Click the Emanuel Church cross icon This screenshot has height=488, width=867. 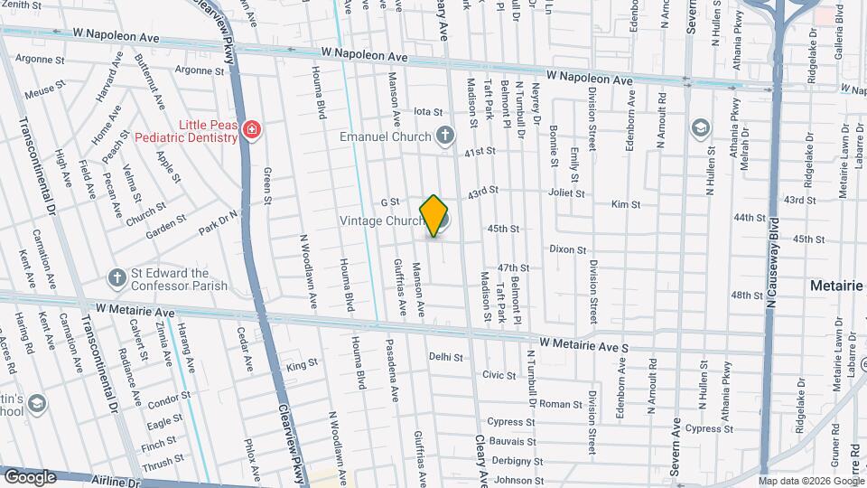click(x=443, y=136)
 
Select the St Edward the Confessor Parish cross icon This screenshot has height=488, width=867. click(x=117, y=279)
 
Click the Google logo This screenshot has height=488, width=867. click(x=29, y=476)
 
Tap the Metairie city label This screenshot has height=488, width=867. click(x=836, y=286)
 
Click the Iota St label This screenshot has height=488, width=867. click(x=427, y=112)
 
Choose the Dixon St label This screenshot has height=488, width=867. click(x=568, y=249)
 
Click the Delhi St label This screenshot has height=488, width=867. click(x=445, y=357)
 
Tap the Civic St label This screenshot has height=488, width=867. click(x=499, y=374)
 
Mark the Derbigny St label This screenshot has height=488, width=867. click(x=512, y=461)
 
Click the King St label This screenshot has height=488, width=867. click(x=303, y=364)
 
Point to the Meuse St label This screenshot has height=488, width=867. click(x=46, y=89)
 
